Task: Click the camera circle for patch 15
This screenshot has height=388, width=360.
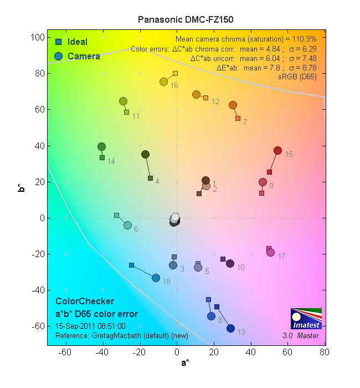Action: pyautogui.click(x=278, y=151)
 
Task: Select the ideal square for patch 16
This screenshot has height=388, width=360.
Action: pyautogui.click(x=175, y=73)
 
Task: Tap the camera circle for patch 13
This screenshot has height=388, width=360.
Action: pyautogui.click(x=231, y=329)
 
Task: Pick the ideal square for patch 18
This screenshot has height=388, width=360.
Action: pyautogui.click(x=131, y=265)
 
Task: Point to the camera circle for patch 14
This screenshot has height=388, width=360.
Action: pyautogui.click(x=102, y=147)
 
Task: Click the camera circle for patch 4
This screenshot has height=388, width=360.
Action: pyautogui.click(x=145, y=155)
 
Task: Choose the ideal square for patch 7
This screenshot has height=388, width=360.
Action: pyautogui.click(x=238, y=118)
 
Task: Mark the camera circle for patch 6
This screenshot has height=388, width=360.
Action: pyautogui.click(x=127, y=225)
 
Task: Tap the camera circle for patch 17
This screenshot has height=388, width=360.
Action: pyautogui.click(x=271, y=253)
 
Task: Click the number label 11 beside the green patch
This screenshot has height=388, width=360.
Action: pyautogui.click(x=136, y=116)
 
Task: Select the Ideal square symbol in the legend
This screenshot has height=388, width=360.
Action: pyautogui.click(x=58, y=42)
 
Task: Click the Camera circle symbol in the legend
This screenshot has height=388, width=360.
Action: pyautogui.click(x=58, y=56)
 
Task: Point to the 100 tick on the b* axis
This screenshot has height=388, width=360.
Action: pyautogui.click(x=38, y=37)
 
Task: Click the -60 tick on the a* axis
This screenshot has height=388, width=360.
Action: pyautogui.click(x=65, y=352)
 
